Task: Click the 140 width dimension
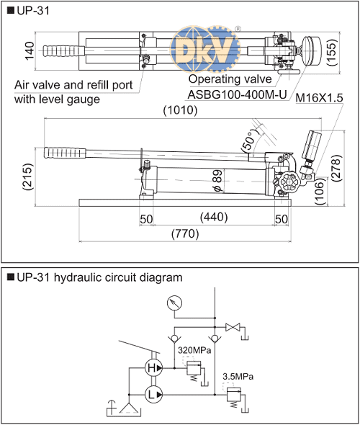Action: coord(30,50)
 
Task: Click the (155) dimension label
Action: coord(332,53)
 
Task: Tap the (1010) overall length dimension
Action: coord(180,110)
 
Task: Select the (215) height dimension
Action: coord(29,176)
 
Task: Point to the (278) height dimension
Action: coord(336,169)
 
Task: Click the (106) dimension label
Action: coord(320,192)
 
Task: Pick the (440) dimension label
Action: coord(214,217)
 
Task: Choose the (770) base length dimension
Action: coord(185,233)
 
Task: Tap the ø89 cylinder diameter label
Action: coord(217,181)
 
